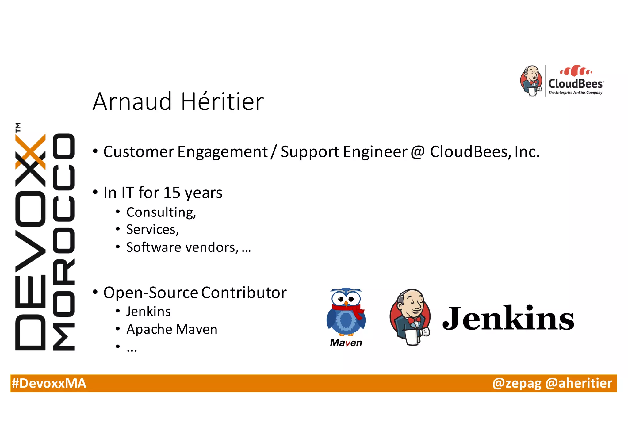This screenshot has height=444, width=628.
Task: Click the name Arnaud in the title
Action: pos(132,101)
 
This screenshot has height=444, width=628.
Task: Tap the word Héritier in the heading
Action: pos(222,101)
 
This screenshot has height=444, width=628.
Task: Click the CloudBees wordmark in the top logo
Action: pos(576,83)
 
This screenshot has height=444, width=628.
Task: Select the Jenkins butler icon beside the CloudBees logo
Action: pos(531,81)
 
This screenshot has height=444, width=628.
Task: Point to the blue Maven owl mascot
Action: pos(346,313)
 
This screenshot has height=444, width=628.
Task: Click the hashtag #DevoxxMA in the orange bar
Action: pos(49,383)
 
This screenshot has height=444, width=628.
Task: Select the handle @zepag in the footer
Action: pos(517,383)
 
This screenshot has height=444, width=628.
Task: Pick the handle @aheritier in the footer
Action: pos(579,383)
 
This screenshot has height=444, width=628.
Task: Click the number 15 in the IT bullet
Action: pos(172,193)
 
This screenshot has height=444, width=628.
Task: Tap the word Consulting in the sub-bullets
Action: pos(161,212)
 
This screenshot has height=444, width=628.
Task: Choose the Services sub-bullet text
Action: pos(152,229)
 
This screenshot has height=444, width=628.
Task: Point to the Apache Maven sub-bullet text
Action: pos(172,329)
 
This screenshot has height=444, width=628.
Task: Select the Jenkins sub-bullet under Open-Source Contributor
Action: pos(148,312)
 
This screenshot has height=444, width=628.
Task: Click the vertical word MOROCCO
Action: pos(63,242)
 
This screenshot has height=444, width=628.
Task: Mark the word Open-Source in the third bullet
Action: pos(151,293)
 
